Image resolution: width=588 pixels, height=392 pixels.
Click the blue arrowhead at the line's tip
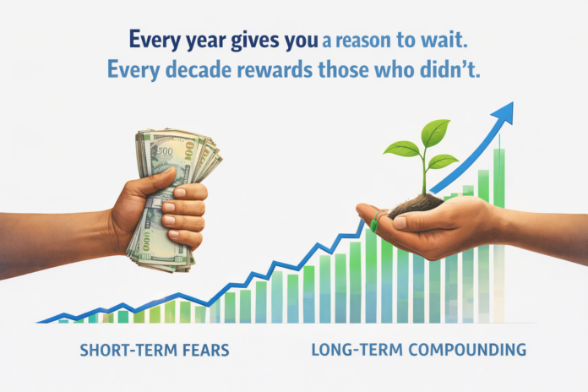[504, 111]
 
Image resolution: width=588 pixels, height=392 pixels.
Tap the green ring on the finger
[374, 225]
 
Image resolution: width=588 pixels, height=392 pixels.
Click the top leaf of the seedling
[434, 132]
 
